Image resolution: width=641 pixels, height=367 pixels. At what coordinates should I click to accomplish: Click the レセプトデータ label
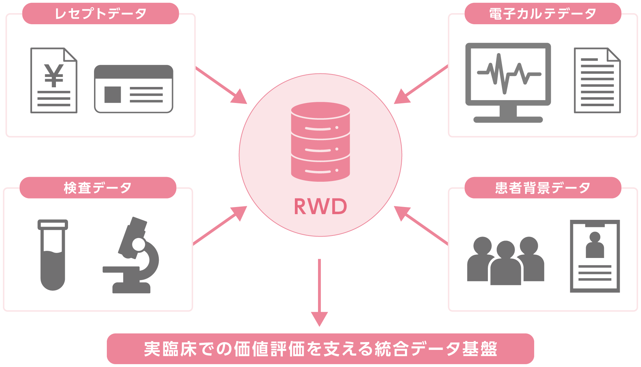100,14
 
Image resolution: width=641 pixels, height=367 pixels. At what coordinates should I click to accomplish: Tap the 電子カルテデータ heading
543,14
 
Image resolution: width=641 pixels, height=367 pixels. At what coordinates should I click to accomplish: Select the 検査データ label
98,188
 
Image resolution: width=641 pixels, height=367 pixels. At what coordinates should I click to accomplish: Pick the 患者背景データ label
543,188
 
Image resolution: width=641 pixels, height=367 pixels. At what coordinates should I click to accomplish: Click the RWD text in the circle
320,206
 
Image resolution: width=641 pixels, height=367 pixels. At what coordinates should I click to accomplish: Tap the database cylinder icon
320,142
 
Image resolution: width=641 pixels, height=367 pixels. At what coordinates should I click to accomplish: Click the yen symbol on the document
54,75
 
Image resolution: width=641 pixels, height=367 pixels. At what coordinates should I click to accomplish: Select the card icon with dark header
134,89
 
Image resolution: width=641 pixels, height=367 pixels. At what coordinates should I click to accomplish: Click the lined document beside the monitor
597,81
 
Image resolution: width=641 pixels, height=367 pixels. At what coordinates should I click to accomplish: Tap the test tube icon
53,255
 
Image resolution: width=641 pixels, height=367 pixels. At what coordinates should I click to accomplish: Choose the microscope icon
131,255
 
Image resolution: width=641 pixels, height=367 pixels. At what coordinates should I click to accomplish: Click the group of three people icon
506,260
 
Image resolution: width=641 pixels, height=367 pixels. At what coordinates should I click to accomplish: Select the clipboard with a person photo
595,256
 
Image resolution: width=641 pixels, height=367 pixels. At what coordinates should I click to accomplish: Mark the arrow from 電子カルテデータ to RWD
421,85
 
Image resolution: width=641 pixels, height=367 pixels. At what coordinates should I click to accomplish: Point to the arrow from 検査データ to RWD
220,226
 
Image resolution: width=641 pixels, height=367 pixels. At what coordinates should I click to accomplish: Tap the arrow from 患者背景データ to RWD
421,226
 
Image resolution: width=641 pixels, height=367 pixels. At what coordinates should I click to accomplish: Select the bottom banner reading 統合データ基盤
320,349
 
